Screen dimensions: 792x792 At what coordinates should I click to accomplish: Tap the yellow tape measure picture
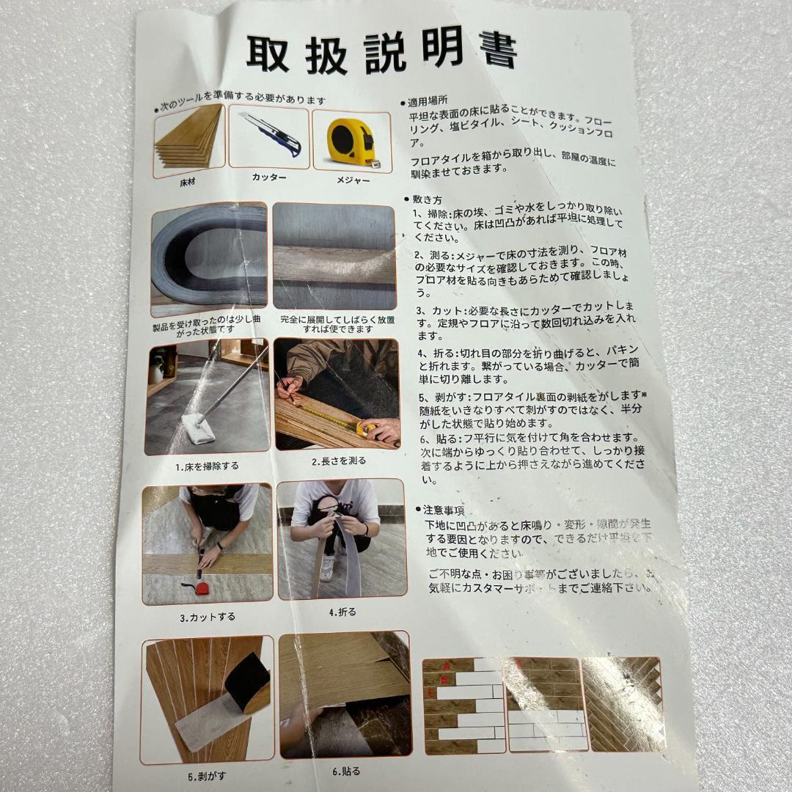tap(351, 141)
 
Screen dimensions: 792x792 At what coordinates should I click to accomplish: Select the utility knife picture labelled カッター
tap(268, 136)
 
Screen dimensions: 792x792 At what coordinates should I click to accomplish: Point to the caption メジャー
tap(353, 180)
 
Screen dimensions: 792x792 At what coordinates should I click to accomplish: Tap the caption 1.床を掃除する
tap(207, 466)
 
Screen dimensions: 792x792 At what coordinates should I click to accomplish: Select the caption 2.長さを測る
tap(338, 462)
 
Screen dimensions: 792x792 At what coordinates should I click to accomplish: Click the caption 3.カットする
tap(208, 617)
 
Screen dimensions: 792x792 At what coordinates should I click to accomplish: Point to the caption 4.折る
tap(342, 611)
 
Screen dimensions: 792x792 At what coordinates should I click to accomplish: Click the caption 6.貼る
tap(346, 771)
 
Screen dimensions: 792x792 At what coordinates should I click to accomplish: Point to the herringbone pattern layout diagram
tap(622, 704)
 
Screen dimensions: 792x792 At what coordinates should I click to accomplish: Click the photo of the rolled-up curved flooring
tap(209, 259)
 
